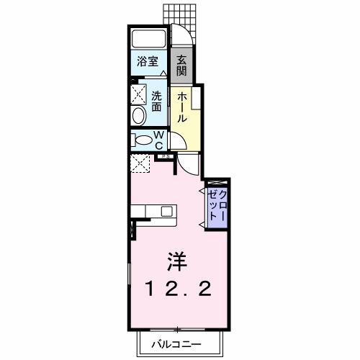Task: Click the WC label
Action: tap(161, 140)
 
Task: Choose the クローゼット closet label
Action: tap(217, 207)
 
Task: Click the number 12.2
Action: tap(179, 289)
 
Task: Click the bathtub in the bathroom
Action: tap(150, 39)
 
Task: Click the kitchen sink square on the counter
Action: tap(167, 211)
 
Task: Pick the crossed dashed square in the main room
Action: tap(140, 163)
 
